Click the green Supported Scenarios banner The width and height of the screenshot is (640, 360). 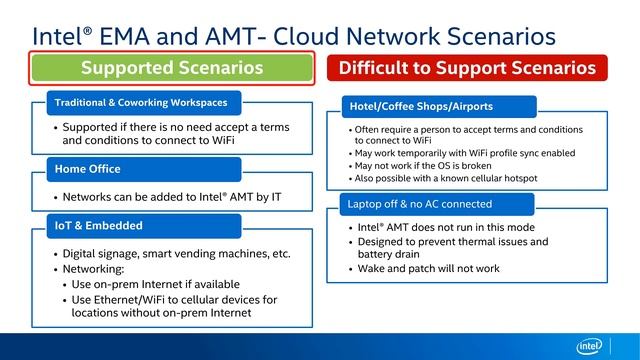(173, 68)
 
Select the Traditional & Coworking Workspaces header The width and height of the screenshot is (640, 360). (142, 102)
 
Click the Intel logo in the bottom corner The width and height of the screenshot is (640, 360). (591, 345)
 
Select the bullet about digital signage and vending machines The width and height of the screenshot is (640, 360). (176, 253)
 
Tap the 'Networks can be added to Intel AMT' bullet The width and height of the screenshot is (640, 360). (170, 197)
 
